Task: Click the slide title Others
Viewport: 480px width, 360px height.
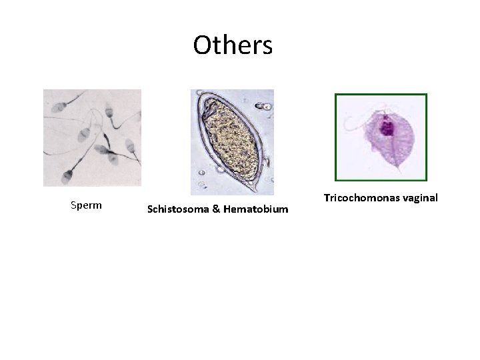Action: tap(233, 45)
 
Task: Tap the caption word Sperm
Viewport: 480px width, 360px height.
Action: tap(86, 205)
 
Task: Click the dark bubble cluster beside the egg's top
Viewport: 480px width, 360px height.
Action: tap(265, 105)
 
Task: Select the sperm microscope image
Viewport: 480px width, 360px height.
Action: tap(92, 137)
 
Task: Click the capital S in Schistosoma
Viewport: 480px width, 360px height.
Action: tap(150, 209)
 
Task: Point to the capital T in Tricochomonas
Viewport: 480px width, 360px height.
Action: tap(327, 198)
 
